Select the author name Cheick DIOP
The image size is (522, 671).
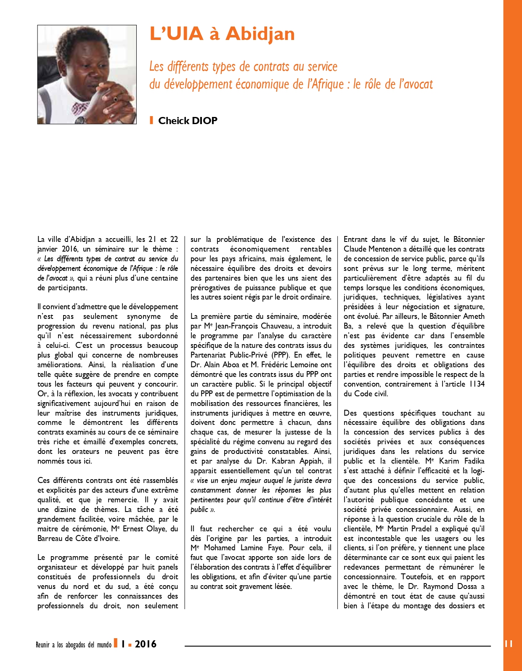tap(188, 121)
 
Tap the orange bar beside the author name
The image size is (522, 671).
tap(151, 121)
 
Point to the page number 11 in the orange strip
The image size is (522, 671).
tap(509, 644)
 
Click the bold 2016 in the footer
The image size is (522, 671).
tap(146, 644)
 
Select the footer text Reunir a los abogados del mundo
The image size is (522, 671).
tap(74, 645)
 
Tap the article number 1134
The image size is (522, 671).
tap(477, 384)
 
